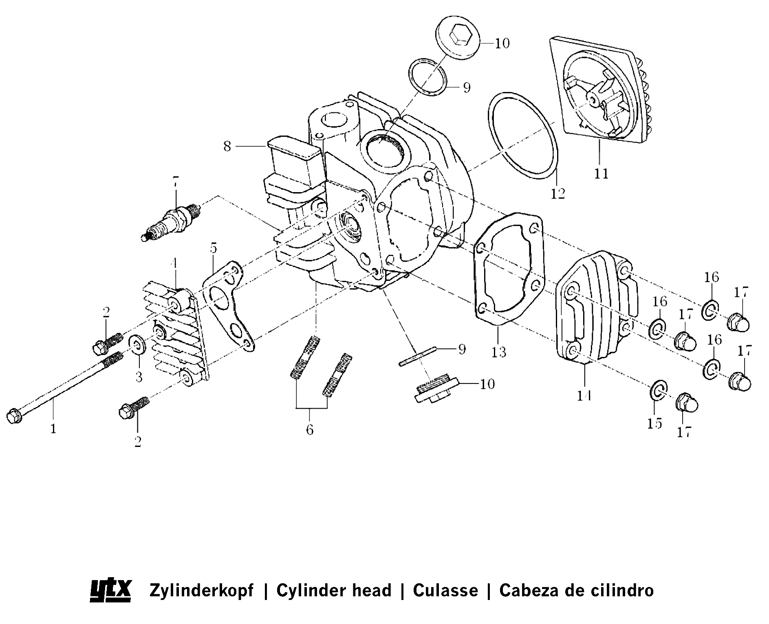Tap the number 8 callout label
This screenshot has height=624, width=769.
click(x=227, y=146)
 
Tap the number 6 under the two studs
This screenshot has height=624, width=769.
click(x=310, y=429)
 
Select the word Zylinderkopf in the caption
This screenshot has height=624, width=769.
click(x=201, y=590)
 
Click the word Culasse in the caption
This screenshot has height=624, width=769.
click(x=445, y=590)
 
